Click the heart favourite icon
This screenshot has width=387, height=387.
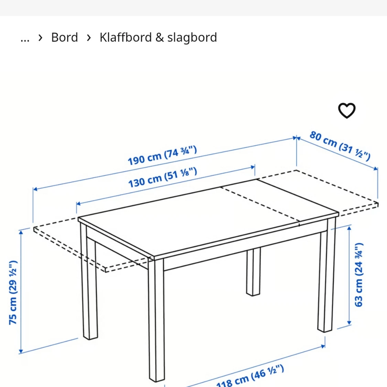click(346, 110)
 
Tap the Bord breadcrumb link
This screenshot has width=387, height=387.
click(64, 37)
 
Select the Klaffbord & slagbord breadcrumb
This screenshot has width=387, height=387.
click(158, 37)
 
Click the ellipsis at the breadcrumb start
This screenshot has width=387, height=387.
click(25, 38)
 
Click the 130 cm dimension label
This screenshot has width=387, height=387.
click(162, 178)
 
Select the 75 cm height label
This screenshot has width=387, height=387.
click(13, 292)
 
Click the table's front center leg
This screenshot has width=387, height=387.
click(157, 320)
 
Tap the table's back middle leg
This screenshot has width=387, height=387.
click(253, 272)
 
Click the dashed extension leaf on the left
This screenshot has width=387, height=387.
click(69, 241)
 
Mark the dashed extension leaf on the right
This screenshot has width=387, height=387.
click(330, 193)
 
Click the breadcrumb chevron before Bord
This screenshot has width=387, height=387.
click(41, 37)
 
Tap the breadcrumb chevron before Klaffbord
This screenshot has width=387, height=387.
click(89, 37)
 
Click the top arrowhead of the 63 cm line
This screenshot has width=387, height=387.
click(349, 228)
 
